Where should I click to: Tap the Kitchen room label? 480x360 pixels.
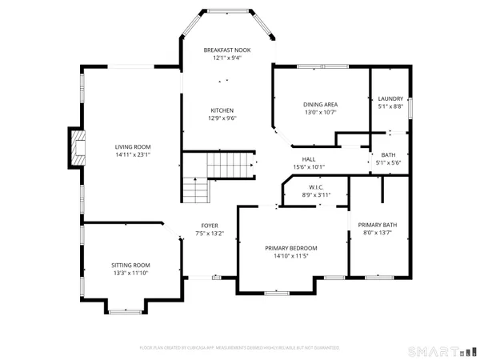(x=222, y=110)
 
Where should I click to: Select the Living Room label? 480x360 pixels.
(x=133, y=146)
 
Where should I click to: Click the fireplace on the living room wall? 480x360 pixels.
(x=77, y=147)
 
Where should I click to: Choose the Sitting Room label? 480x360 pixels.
(x=130, y=265)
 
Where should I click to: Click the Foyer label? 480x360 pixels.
(x=210, y=226)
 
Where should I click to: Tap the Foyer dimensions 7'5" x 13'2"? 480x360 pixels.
(x=210, y=234)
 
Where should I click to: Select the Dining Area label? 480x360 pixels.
(x=319, y=105)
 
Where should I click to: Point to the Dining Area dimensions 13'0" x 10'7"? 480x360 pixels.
(x=319, y=113)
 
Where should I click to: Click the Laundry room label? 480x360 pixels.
(x=390, y=98)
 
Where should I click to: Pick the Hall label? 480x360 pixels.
(x=308, y=159)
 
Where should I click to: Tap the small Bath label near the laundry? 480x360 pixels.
(x=388, y=155)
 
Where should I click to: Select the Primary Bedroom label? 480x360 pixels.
(x=291, y=248)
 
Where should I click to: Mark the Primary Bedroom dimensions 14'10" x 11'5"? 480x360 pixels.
(x=291, y=256)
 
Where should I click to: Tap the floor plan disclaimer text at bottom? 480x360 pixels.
(x=240, y=348)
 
